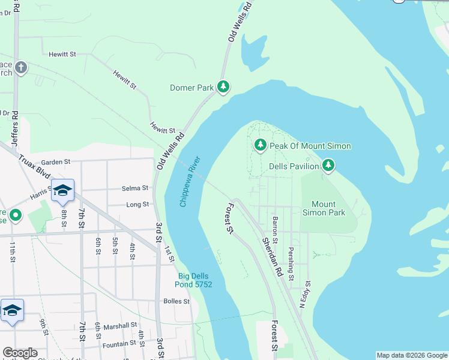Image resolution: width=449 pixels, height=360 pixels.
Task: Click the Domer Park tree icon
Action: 223,88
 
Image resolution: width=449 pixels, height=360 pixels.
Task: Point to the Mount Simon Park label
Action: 324,208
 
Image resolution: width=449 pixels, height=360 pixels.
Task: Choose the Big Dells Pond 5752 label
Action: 193,280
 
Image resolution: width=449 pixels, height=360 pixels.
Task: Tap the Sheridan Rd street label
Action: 271,256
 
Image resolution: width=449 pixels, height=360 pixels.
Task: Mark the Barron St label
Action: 275,230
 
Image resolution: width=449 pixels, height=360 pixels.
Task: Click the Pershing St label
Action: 291,264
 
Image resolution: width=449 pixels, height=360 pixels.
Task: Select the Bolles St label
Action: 176,301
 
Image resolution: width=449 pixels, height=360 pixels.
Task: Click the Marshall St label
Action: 120,326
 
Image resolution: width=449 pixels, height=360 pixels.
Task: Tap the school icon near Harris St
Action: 62,191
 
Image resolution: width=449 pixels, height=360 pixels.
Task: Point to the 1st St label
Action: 170,254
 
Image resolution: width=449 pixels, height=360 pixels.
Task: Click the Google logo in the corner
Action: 20,353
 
